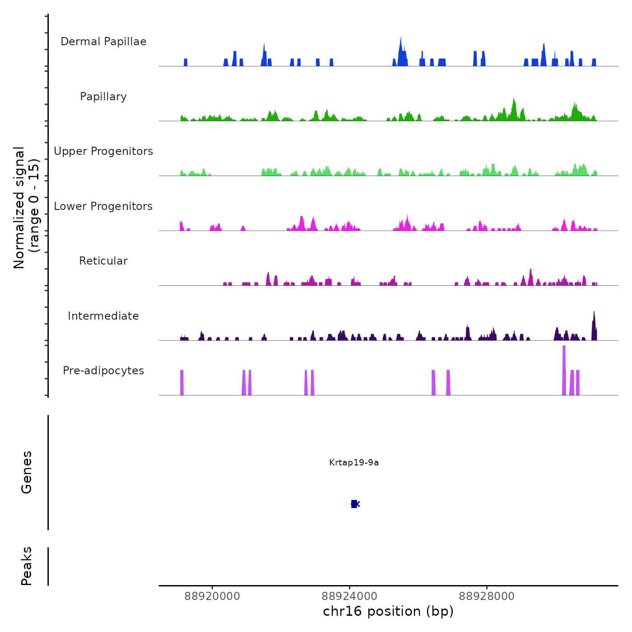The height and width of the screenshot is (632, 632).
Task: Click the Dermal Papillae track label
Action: tap(103, 42)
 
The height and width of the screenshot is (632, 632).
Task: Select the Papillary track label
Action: tap(103, 97)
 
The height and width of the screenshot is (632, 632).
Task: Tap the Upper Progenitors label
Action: tap(103, 151)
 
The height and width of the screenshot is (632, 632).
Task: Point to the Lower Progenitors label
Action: tap(103, 206)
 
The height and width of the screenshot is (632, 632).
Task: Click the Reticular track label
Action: tap(103, 261)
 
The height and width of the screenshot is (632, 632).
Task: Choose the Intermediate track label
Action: tap(103, 316)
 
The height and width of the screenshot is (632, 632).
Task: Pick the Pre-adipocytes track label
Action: tap(103, 371)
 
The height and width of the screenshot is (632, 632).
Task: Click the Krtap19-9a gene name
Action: tap(354, 463)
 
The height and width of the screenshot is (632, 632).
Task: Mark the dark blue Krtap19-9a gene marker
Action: tap(354, 504)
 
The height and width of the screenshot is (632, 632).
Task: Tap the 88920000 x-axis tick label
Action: tap(212, 596)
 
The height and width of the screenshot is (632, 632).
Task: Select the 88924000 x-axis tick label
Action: tap(349, 596)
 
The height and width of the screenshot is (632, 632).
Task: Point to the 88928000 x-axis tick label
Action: tap(487, 596)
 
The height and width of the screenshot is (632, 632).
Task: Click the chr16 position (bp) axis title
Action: tap(388, 612)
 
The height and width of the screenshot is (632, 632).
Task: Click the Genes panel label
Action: tap(27, 472)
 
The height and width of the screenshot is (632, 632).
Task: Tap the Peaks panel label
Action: tap(27, 566)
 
